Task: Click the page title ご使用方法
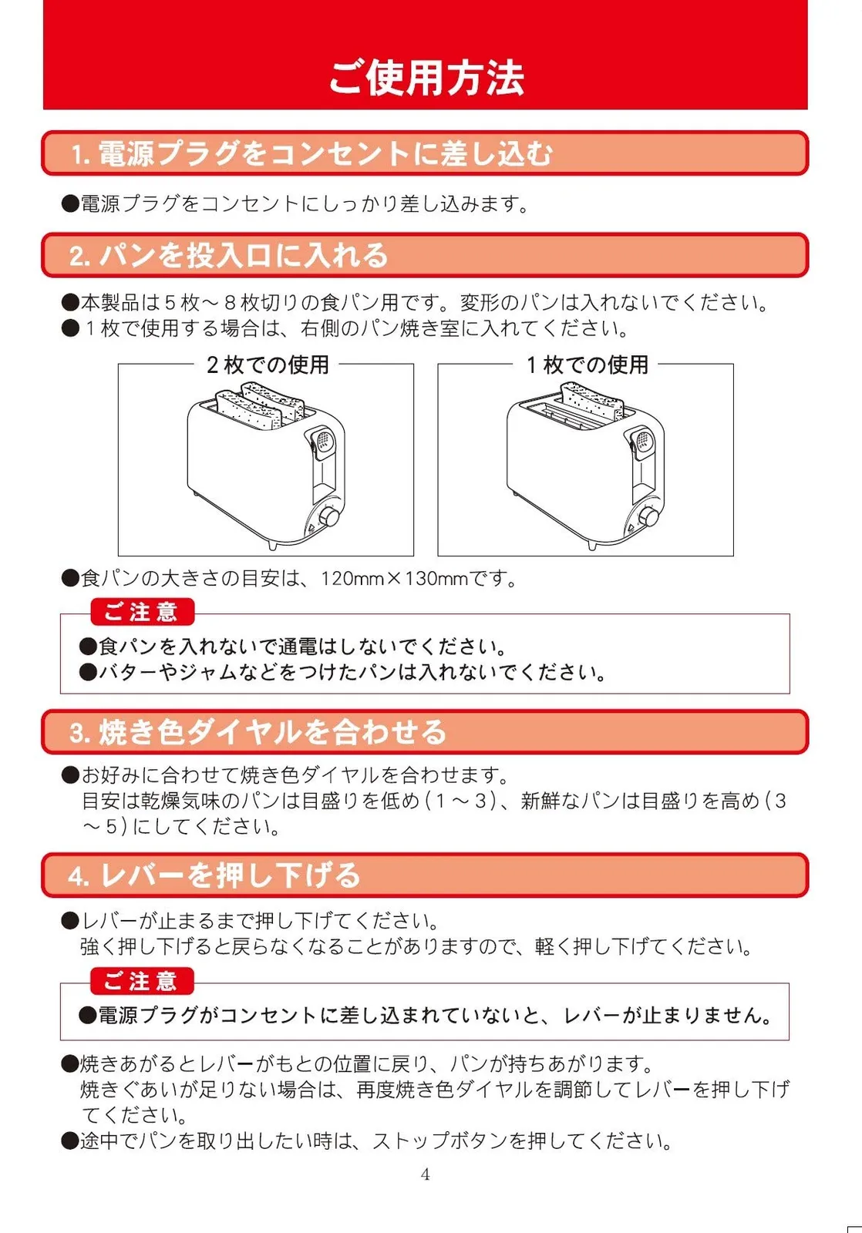(426, 78)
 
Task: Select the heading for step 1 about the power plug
(311, 153)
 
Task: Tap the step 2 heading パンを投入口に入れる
(229, 255)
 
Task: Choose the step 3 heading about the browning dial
(258, 732)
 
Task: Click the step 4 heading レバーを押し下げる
(215, 875)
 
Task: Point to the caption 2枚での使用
(268, 365)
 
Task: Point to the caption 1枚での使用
(588, 365)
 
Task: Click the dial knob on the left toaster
(330, 517)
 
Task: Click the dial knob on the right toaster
(650, 517)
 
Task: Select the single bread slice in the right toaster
(592, 401)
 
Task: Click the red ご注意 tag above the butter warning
(142, 612)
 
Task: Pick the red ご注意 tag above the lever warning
(142, 981)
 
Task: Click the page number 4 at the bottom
(425, 1174)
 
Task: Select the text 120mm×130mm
(394, 579)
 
